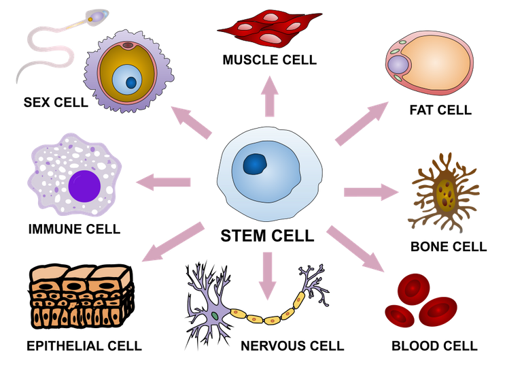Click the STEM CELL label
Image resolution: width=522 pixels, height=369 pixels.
tap(267, 236)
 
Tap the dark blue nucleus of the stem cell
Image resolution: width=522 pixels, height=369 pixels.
tap(256, 164)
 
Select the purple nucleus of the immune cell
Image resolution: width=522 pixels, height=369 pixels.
tap(84, 186)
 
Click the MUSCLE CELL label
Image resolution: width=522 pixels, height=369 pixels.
tap(270, 60)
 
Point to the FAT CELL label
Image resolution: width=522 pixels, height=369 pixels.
tap(440, 110)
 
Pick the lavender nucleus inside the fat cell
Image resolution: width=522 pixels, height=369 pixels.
tap(398, 65)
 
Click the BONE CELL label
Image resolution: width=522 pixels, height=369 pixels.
tap(449, 246)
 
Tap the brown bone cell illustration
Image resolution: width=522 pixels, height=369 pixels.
tap(445, 193)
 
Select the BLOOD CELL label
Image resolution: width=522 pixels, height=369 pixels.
tap(434, 346)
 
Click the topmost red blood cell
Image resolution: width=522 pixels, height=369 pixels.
tap(413, 289)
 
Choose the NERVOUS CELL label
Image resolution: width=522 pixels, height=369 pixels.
tap(292, 346)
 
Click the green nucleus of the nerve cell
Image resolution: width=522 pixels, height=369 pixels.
tap(215, 315)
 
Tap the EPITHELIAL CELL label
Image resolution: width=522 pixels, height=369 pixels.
tap(84, 346)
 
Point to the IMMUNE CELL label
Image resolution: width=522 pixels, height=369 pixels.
tap(74, 229)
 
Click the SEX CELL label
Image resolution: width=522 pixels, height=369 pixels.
tap(56, 102)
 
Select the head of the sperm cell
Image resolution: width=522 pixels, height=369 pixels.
tap(97, 16)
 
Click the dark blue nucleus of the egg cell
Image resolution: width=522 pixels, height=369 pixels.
tap(131, 82)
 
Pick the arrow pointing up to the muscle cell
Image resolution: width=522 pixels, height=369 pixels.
tap(270, 96)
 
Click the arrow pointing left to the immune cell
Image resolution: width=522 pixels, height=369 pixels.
tap(163, 182)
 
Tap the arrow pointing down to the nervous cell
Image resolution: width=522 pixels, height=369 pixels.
tap(267, 276)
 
